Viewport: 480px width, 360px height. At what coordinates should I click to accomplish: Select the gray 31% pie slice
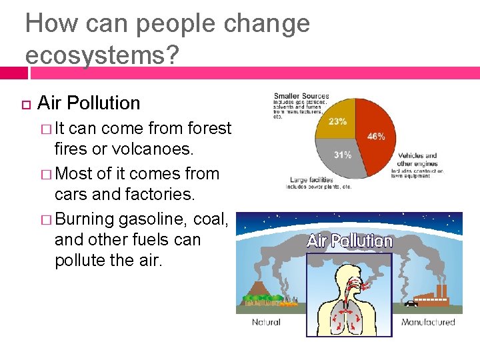point(343,157)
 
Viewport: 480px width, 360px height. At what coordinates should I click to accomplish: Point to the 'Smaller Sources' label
point(301,97)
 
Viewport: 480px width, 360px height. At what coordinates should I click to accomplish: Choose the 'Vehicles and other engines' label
point(417,159)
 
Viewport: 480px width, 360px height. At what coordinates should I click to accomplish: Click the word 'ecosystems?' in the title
point(102,55)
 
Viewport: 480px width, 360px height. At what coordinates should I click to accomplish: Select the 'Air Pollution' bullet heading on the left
point(89,103)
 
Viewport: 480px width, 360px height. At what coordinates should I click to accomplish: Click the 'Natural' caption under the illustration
point(266,322)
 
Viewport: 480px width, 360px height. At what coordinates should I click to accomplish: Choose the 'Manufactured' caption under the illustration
point(428,322)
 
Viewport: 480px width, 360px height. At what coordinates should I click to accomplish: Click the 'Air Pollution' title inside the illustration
point(349,241)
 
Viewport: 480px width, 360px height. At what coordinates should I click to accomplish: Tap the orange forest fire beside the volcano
point(287,304)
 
